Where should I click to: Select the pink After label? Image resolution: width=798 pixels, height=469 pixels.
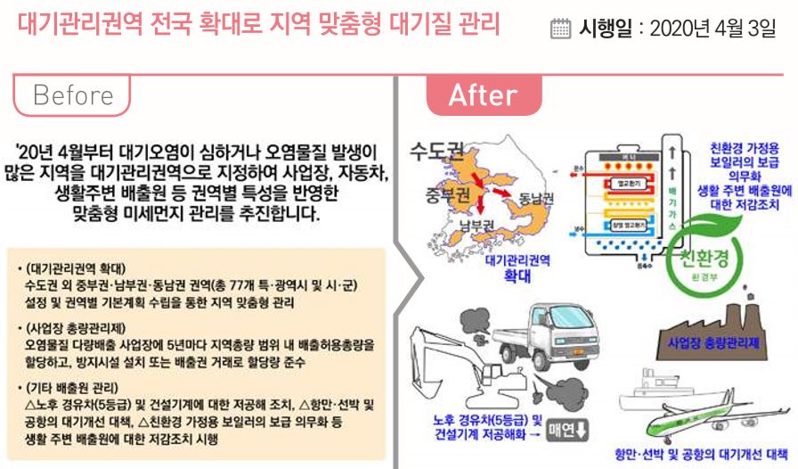coord(482,95)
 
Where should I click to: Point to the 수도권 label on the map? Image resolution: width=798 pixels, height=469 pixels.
coord(434,149)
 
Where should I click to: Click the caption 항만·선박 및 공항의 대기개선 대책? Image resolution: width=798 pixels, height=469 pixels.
coord(703,452)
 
